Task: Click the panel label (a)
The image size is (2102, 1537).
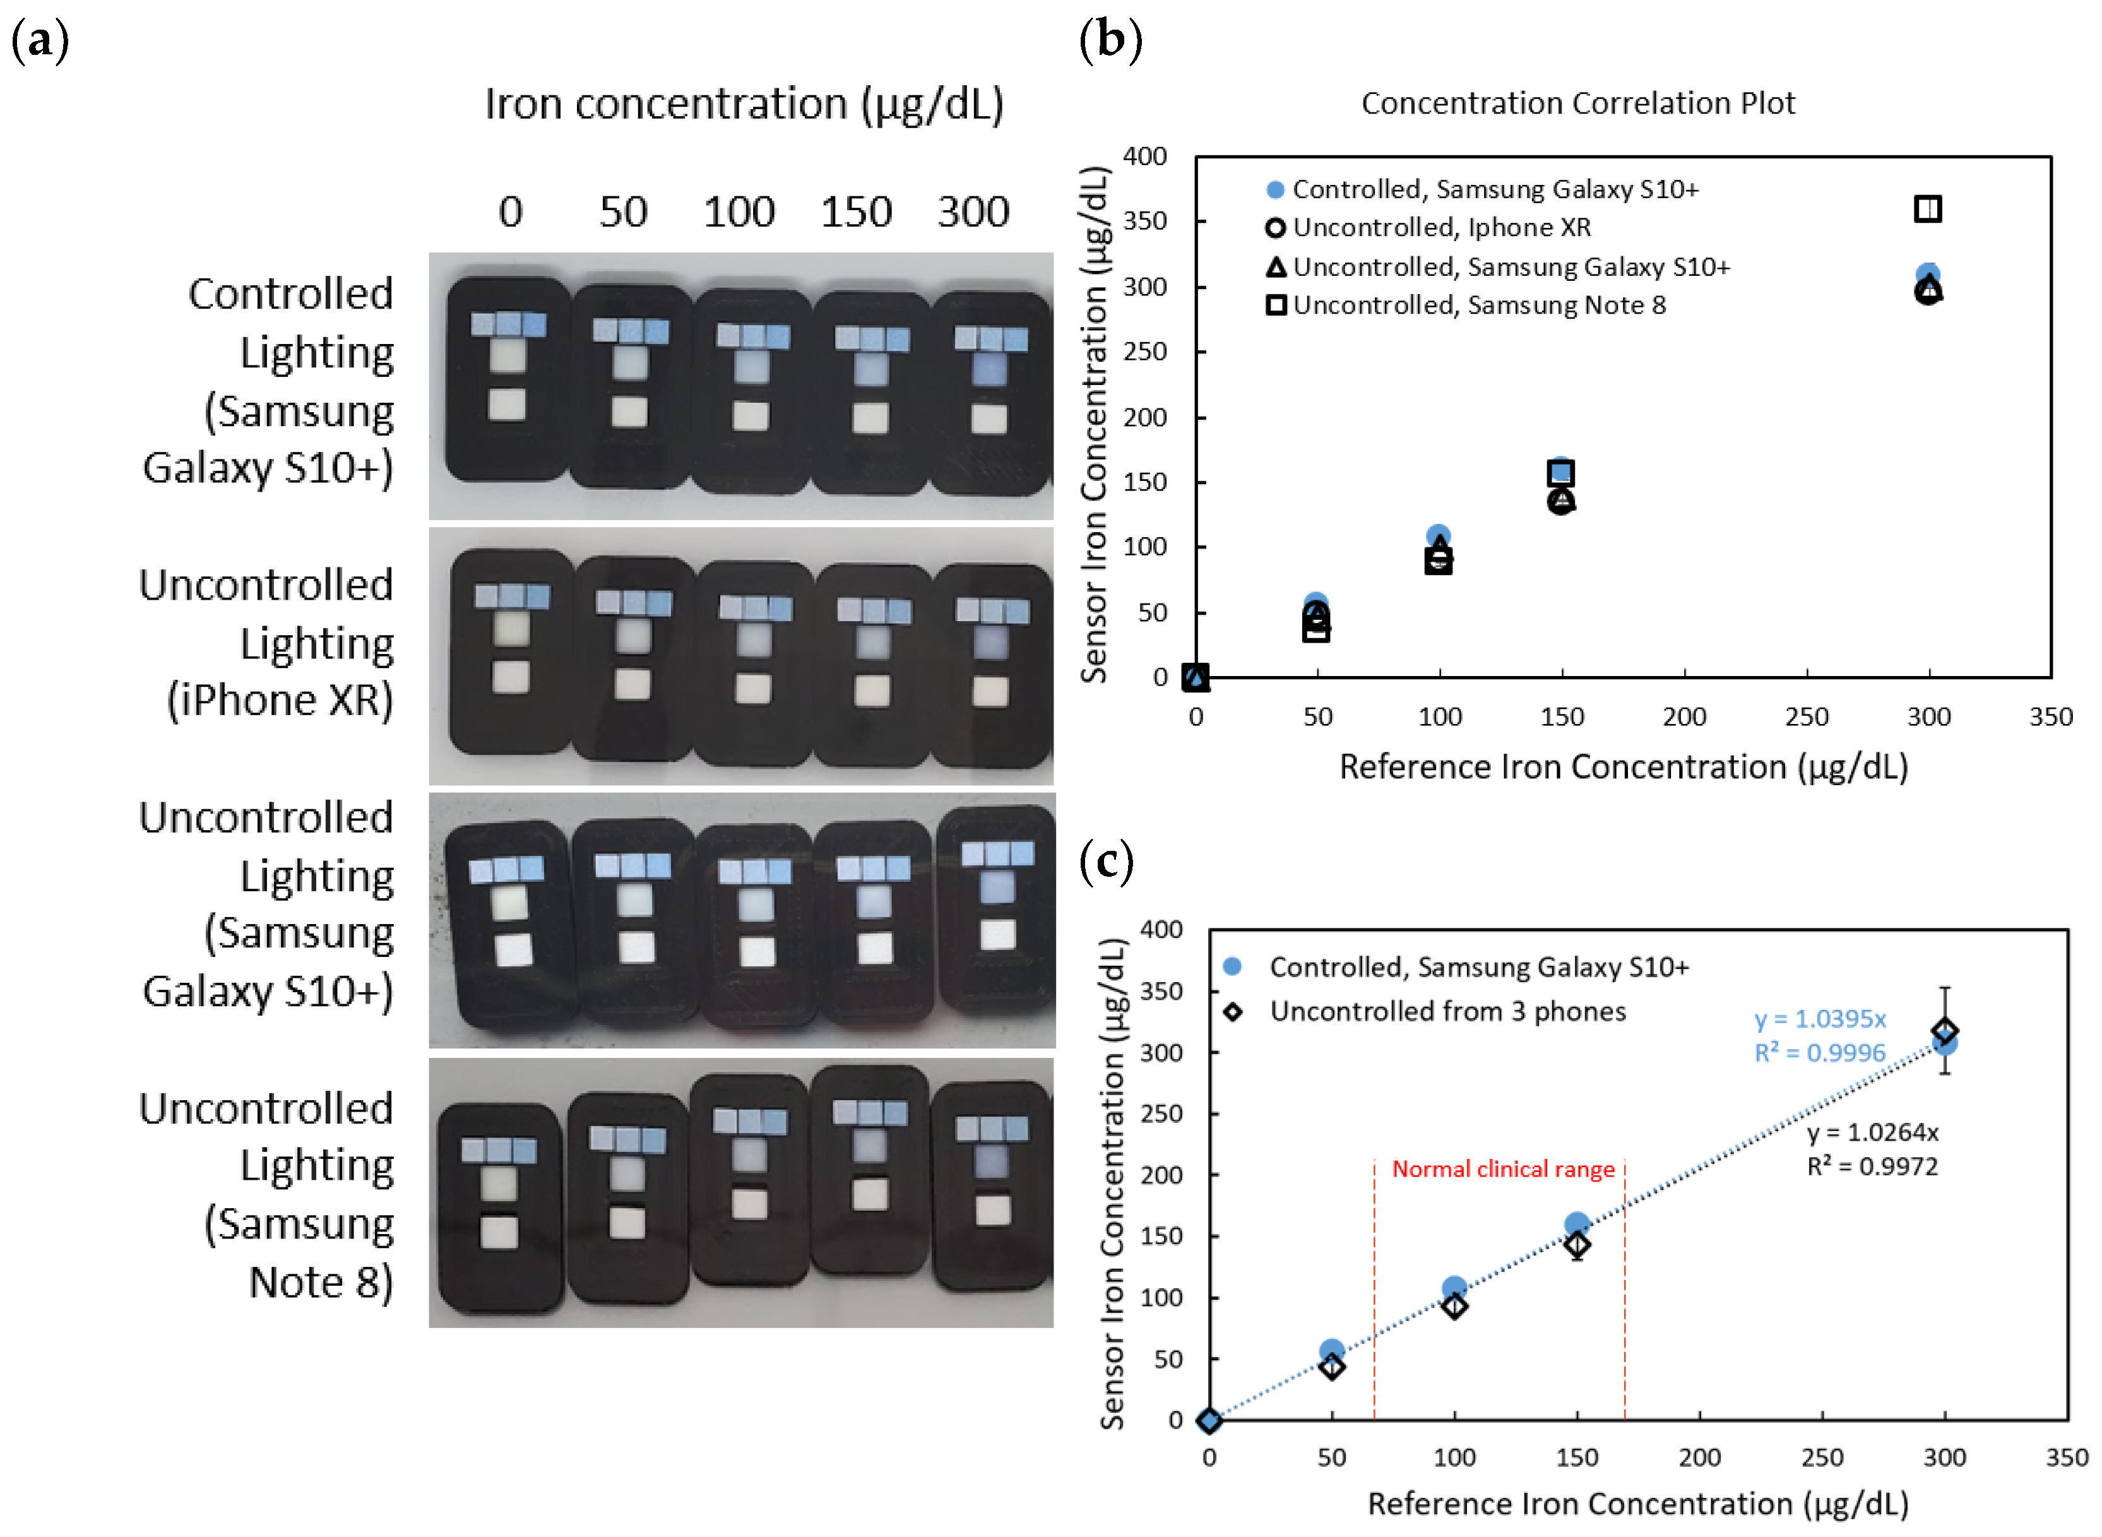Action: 40,42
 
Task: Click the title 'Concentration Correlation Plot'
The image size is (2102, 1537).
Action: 1577,104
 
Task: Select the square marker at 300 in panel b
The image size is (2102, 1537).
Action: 1927,210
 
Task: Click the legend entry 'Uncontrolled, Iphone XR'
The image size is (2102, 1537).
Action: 1440,228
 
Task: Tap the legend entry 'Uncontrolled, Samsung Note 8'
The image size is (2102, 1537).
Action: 1478,305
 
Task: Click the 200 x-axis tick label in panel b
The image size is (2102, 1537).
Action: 1683,717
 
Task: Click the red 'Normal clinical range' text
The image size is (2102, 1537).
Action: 1503,1170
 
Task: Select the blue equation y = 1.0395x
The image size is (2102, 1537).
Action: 1819,1019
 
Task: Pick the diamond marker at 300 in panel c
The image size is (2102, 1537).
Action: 1944,1031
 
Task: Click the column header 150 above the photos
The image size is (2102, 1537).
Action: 855,212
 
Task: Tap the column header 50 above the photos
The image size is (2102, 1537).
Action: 622,212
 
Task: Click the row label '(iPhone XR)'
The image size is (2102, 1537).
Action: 279,701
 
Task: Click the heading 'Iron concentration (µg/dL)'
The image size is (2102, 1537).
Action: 744,104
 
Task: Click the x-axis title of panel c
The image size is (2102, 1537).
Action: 1637,1504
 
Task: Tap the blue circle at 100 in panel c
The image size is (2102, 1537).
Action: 1454,1288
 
